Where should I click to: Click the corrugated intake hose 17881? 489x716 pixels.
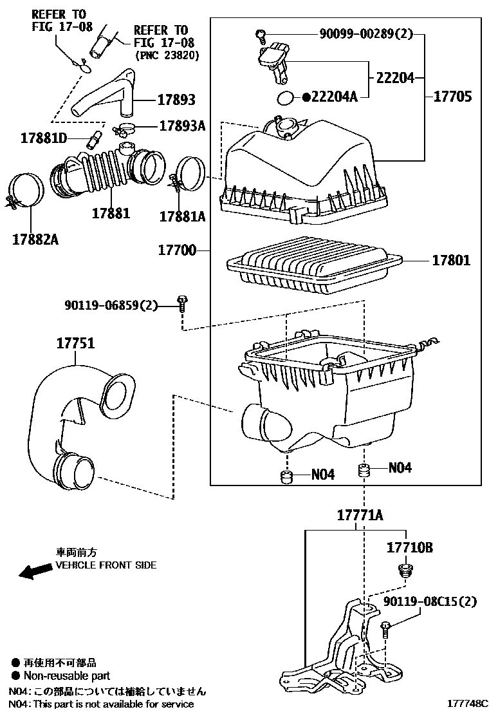pyautogui.click(x=103, y=171)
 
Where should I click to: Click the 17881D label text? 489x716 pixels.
pyautogui.click(x=43, y=137)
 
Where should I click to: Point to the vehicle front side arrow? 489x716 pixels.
pyautogui.click(x=35, y=571)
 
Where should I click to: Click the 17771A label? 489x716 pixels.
pyautogui.click(x=360, y=515)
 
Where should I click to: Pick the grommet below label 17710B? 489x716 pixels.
pyautogui.click(x=405, y=571)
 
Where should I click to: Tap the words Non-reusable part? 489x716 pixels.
pyautogui.click(x=67, y=675)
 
